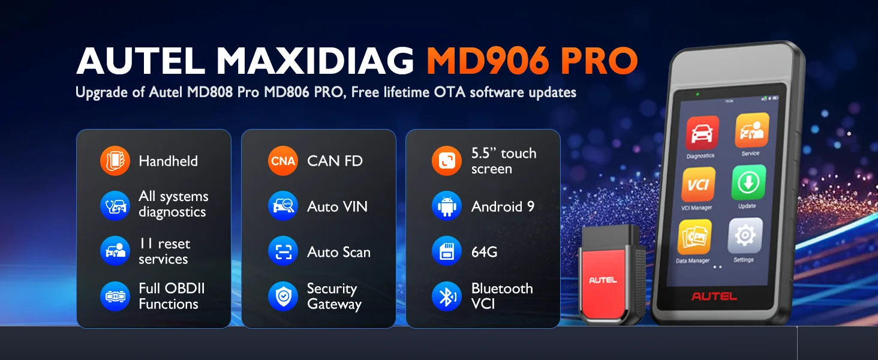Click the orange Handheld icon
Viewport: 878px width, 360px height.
click(x=115, y=161)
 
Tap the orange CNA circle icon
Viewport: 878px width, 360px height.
click(x=283, y=161)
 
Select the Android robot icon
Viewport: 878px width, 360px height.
click(x=447, y=206)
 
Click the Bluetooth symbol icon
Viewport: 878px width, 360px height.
click(x=447, y=296)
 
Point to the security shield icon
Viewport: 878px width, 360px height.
click(x=283, y=296)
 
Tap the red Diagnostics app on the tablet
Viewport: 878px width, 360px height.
click(x=702, y=133)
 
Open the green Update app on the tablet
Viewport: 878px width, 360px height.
click(x=748, y=182)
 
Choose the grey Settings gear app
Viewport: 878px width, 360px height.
click(x=745, y=236)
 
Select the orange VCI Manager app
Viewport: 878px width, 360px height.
click(x=699, y=185)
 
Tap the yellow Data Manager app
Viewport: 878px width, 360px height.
click(x=694, y=237)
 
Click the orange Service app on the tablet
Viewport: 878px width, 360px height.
click(x=752, y=130)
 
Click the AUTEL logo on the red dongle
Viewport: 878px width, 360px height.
click(x=603, y=280)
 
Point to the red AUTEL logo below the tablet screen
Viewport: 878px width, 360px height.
click(x=714, y=296)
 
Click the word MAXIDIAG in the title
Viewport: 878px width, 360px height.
click(x=315, y=61)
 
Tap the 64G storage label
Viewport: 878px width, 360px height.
click(x=484, y=252)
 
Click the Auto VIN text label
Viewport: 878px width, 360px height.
click(x=338, y=206)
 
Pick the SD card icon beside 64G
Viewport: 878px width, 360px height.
click(x=447, y=251)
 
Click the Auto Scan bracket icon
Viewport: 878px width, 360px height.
click(x=283, y=251)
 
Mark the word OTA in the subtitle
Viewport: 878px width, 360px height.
click(x=450, y=92)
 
